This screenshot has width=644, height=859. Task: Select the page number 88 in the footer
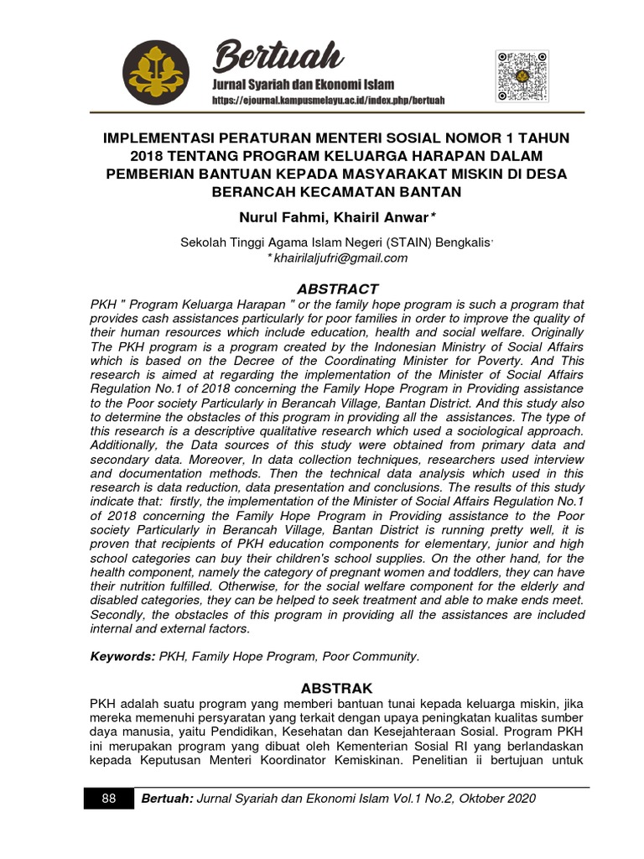pyautogui.click(x=108, y=799)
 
